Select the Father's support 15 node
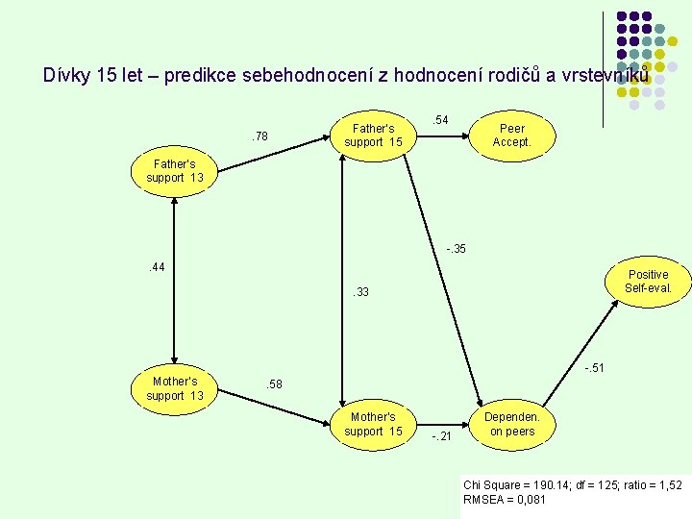[373, 135]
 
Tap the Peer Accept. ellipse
[511, 135]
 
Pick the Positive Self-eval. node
[647, 281]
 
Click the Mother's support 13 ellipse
[174, 388]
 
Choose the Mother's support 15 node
[373, 424]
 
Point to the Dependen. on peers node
[511, 424]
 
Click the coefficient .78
[259, 136]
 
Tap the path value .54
[440, 120]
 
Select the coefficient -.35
[456, 250]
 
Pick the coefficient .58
[274, 384]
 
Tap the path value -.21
[441, 437]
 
